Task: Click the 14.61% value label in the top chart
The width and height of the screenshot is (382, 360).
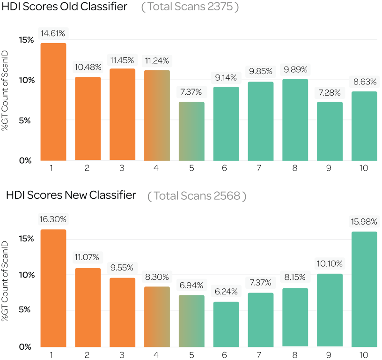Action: [53, 33]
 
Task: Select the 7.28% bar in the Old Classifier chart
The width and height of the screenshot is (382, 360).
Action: [330, 131]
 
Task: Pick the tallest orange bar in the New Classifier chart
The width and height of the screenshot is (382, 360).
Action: [53, 288]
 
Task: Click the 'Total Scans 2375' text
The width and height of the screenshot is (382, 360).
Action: [190, 8]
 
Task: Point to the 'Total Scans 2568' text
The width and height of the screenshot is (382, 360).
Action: [197, 195]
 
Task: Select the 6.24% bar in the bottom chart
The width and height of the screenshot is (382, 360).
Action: [226, 324]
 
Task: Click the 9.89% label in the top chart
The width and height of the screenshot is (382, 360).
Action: [295, 70]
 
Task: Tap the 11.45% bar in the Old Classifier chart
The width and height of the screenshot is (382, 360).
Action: [123, 114]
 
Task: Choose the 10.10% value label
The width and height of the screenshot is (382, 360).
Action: [330, 263]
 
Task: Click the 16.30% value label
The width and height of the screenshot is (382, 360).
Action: [53, 219]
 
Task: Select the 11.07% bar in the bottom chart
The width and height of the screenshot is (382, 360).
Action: [88, 307]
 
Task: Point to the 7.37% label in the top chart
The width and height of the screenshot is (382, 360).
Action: [191, 91]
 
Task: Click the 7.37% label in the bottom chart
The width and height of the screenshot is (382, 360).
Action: [261, 283]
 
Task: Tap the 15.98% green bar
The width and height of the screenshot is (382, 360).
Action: [364, 289]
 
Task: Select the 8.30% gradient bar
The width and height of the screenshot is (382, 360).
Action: [157, 316]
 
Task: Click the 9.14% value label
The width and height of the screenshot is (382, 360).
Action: [226, 77]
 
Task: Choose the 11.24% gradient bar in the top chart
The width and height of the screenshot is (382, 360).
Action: [157, 115]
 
